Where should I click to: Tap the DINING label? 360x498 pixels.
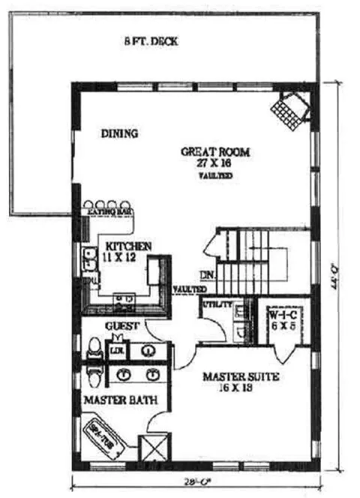click(119, 134)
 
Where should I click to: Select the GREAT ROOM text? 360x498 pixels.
click(214, 152)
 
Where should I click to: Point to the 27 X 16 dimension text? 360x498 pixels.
click(215, 163)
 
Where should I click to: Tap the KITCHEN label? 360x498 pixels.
click(129, 246)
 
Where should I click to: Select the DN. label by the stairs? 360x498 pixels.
click(208, 275)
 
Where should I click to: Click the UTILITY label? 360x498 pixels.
click(215, 304)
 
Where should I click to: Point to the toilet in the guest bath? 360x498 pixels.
click(94, 348)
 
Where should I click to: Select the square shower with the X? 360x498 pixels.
click(158, 448)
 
